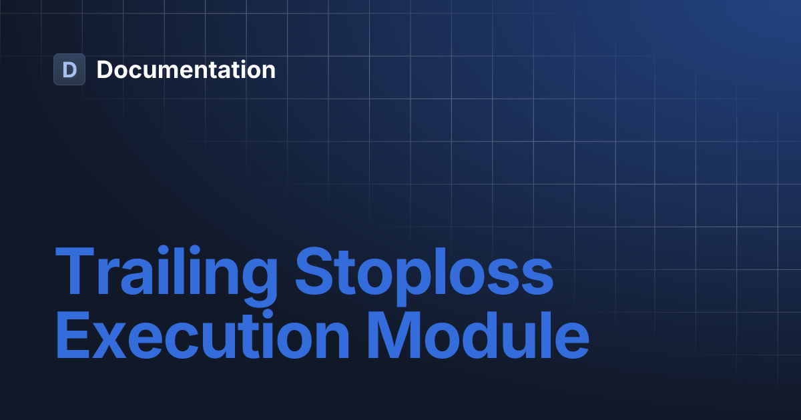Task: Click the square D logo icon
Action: point(69,69)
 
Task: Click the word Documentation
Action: point(186,69)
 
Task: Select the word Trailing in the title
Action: point(166,274)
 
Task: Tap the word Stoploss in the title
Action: point(424,274)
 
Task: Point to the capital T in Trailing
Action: point(75,272)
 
